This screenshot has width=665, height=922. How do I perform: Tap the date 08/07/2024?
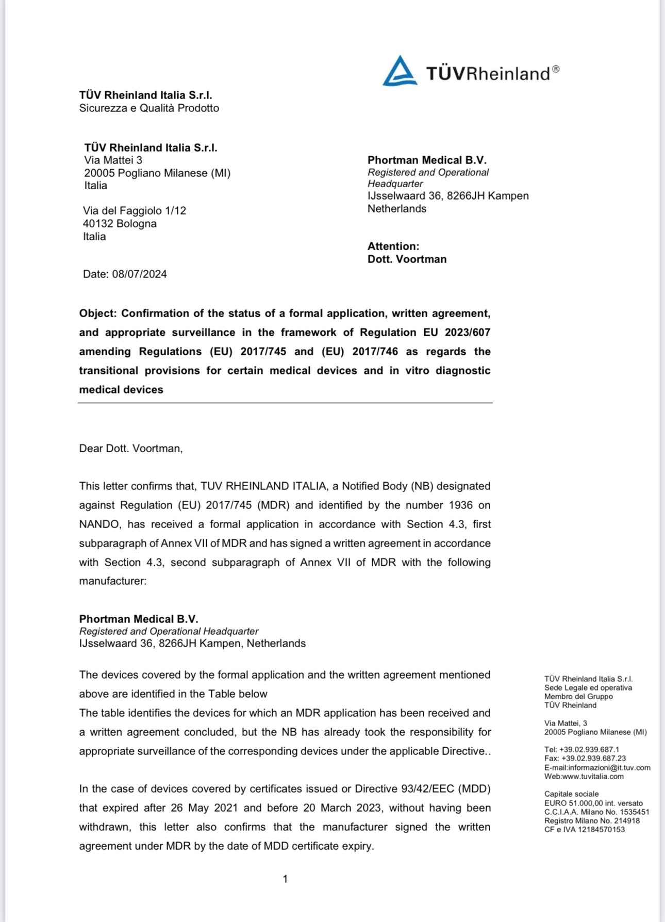pos(139,274)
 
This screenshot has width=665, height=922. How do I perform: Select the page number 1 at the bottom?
pos(285,879)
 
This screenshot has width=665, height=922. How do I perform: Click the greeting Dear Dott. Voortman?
pos(131,448)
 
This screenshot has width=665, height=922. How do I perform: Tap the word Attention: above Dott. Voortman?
pos(393,246)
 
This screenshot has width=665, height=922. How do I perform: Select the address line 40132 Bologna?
pos(120,223)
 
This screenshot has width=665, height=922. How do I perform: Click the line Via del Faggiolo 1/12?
pos(134,210)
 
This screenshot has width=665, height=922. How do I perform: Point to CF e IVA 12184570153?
pos(584,829)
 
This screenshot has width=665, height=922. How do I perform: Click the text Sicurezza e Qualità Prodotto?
pos(149,108)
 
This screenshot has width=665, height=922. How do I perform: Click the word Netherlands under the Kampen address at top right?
pos(396,208)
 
